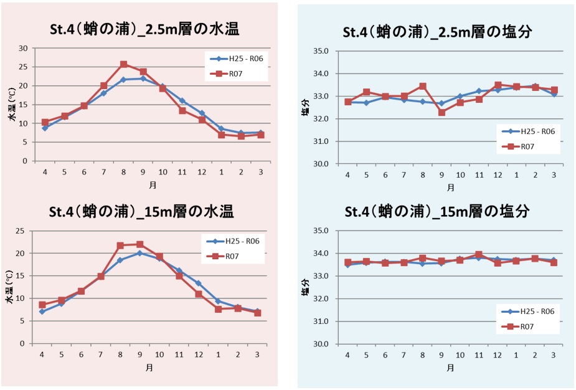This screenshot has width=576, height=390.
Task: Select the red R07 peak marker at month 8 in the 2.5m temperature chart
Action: click(123, 64)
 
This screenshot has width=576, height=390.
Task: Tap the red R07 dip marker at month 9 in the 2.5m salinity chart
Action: click(441, 112)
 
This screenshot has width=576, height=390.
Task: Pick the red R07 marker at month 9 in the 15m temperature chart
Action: click(139, 244)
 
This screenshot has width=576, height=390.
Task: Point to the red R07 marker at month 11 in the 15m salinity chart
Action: click(478, 254)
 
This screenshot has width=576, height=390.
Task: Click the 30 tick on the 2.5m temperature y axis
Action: click(24, 48)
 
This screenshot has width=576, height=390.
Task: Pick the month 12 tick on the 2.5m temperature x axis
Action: click(202, 172)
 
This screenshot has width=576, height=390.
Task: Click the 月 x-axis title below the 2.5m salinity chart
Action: click(450, 187)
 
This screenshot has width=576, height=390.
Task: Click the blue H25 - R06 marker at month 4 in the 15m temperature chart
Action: click(42, 312)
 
